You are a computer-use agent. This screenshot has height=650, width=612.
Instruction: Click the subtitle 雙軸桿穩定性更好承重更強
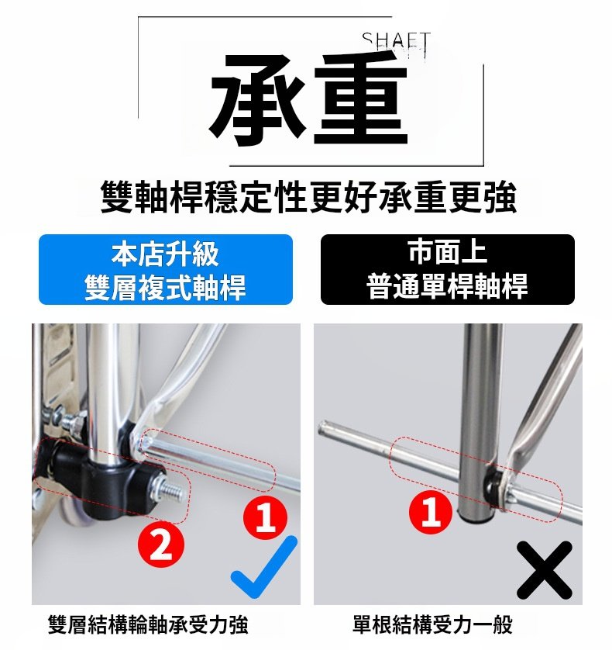[308, 197]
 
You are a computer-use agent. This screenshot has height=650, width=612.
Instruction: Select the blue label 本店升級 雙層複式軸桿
[166, 270]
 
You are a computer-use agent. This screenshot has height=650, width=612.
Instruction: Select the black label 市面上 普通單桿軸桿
[448, 270]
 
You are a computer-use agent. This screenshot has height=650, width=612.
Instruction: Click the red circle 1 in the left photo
[265, 517]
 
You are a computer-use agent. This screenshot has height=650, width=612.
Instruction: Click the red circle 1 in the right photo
[431, 512]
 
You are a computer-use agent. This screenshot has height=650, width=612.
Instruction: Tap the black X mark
[545, 570]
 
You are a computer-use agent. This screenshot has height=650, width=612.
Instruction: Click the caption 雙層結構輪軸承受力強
[148, 625]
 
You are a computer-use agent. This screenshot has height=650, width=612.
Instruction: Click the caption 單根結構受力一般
[432, 625]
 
